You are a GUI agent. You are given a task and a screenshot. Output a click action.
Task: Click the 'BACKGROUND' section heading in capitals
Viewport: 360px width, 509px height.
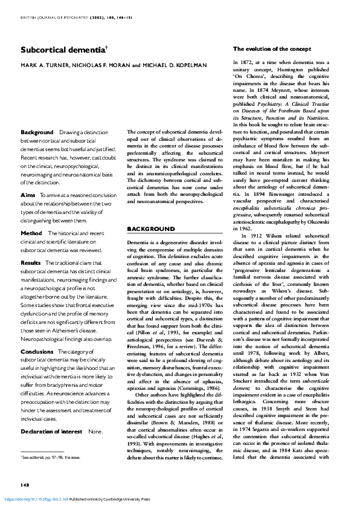(150, 229)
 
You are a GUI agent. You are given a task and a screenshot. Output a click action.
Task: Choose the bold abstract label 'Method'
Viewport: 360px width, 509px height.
(31, 233)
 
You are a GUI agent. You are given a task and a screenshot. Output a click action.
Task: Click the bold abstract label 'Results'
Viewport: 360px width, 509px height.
(31, 263)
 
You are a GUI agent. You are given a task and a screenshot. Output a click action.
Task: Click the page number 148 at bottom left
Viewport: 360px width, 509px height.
(25, 485)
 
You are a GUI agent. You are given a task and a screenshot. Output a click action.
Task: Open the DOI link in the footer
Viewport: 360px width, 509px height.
(36, 499)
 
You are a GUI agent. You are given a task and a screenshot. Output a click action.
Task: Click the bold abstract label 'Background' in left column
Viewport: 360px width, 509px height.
(37, 132)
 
